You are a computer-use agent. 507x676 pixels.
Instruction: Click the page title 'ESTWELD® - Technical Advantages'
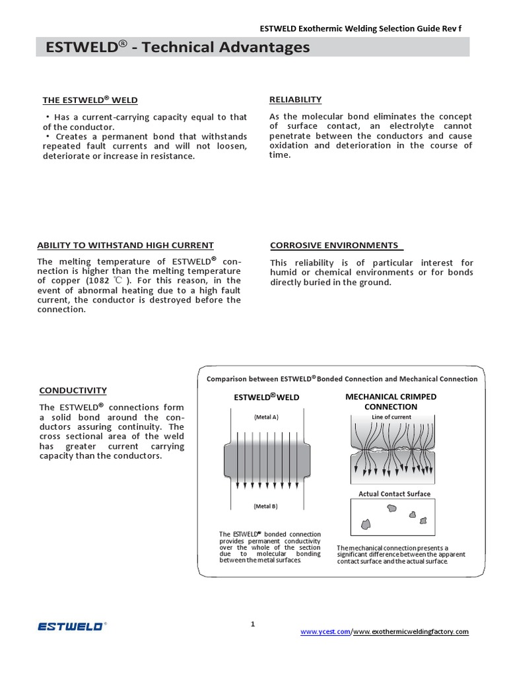(x=177, y=48)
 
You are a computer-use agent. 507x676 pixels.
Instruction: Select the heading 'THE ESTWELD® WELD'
(x=90, y=100)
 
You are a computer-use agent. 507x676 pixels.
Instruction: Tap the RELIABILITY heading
(x=295, y=100)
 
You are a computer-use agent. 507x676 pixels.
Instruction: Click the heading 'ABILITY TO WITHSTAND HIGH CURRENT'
(x=125, y=246)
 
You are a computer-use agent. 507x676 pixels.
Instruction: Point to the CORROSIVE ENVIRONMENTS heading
(x=335, y=246)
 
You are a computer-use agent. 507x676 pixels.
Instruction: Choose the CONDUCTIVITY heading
(x=73, y=391)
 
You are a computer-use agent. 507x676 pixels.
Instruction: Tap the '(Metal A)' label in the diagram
(x=266, y=417)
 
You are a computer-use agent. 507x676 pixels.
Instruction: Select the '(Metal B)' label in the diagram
(x=266, y=506)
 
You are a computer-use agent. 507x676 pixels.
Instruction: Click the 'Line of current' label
(x=391, y=417)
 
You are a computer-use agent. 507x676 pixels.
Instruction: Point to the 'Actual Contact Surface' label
(x=394, y=494)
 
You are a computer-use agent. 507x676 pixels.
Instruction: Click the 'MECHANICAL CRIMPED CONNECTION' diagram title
(x=391, y=401)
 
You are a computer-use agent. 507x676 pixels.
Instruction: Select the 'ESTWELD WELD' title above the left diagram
(x=267, y=397)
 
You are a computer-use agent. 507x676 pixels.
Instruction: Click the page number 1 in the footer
(x=253, y=624)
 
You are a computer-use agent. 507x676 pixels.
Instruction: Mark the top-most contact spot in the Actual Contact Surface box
(x=391, y=508)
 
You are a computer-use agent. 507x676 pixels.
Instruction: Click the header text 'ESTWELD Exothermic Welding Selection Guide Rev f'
(x=360, y=29)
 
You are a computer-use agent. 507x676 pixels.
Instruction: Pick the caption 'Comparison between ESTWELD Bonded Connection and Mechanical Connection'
(x=342, y=379)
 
